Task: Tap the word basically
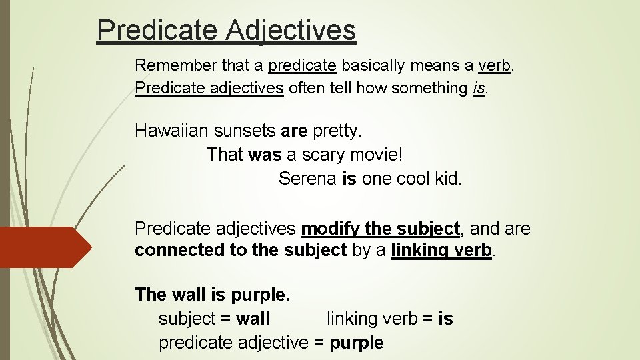click(373, 65)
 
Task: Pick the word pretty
click(337, 130)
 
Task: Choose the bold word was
click(265, 155)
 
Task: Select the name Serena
click(307, 179)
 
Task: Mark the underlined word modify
click(330, 229)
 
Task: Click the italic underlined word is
click(478, 88)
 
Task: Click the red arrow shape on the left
click(43, 247)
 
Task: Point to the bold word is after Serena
click(349, 179)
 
